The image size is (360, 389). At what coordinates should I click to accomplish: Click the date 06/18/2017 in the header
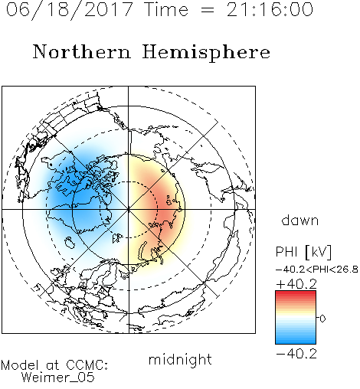coord(69,10)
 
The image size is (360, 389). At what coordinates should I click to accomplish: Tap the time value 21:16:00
coord(270,9)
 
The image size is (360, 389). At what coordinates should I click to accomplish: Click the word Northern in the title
coord(82,51)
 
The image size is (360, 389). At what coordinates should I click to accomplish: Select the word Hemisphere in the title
coord(206,53)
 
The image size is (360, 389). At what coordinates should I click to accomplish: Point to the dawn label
coord(300,220)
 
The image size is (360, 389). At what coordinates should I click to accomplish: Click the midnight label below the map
coord(180,359)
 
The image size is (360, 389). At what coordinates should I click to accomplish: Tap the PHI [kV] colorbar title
coord(303,252)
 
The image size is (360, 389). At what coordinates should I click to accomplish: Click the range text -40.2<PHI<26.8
coord(317,270)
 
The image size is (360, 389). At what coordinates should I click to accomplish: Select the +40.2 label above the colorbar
coord(296,284)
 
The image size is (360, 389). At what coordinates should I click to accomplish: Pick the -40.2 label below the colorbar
coord(296,354)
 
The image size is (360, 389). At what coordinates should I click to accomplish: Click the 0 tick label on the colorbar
coord(322,319)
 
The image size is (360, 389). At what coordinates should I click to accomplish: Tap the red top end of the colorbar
coord(296,293)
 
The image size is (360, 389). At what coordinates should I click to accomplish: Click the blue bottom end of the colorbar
coord(296,342)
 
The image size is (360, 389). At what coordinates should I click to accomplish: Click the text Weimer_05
coord(58,377)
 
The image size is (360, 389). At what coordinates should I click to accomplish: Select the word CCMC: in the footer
coord(87,365)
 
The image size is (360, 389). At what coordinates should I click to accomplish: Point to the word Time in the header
coord(166,10)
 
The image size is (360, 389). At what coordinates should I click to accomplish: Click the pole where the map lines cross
coord(129,209)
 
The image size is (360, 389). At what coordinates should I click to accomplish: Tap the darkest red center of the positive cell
coord(167,207)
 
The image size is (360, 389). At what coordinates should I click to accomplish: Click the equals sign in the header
coord(208,10)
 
